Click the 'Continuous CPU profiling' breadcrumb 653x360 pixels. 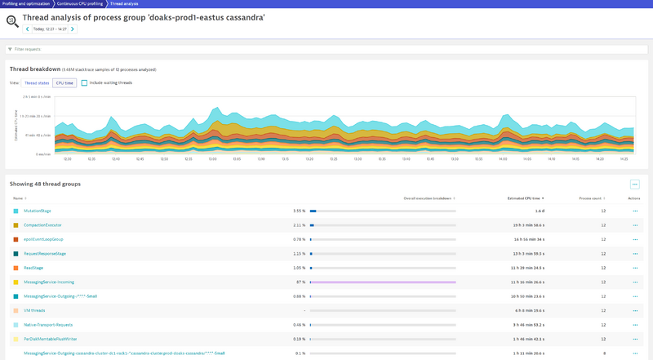pos(80,3)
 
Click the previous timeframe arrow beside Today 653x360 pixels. pos(27,29)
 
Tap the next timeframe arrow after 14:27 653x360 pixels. pos(73,29)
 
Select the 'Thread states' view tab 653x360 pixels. pos(37,82)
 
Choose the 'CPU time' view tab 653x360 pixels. pos(64,82)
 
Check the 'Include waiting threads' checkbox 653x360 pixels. pos(85,82)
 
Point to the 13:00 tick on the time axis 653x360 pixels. pos(212,158)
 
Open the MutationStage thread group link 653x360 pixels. pos(38,211)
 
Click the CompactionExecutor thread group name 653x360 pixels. pos(42,224)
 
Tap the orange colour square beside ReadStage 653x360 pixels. pos(16,268)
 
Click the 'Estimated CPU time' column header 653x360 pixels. pos(519,198)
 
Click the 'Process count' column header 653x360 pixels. pos(590,198)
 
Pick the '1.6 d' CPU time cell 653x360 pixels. pos(540,211)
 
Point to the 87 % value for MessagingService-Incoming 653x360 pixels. pos(300,282)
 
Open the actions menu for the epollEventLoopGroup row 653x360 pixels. pos(634,239)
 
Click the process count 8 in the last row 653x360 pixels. pos(604,353)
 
